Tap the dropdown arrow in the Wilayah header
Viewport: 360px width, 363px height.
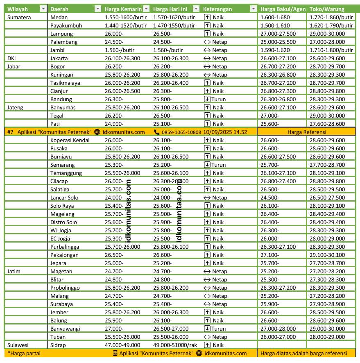click(43, 9)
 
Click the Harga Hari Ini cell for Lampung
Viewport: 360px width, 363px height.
click(163, 34)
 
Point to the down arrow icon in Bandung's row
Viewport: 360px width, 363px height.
click(208, 99)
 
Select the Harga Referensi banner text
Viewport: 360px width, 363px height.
click(307, 132)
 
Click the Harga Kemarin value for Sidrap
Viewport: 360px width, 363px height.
click(122, 345)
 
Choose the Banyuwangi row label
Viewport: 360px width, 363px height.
click(65, 329)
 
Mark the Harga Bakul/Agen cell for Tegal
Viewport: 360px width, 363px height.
click(270, 116)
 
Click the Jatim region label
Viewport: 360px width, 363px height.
click(14, 271)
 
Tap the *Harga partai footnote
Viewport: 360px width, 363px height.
click(23, 353)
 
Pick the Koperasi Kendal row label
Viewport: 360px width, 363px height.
click(70, 140)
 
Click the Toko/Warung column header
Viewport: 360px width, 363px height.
click(327, 9)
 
